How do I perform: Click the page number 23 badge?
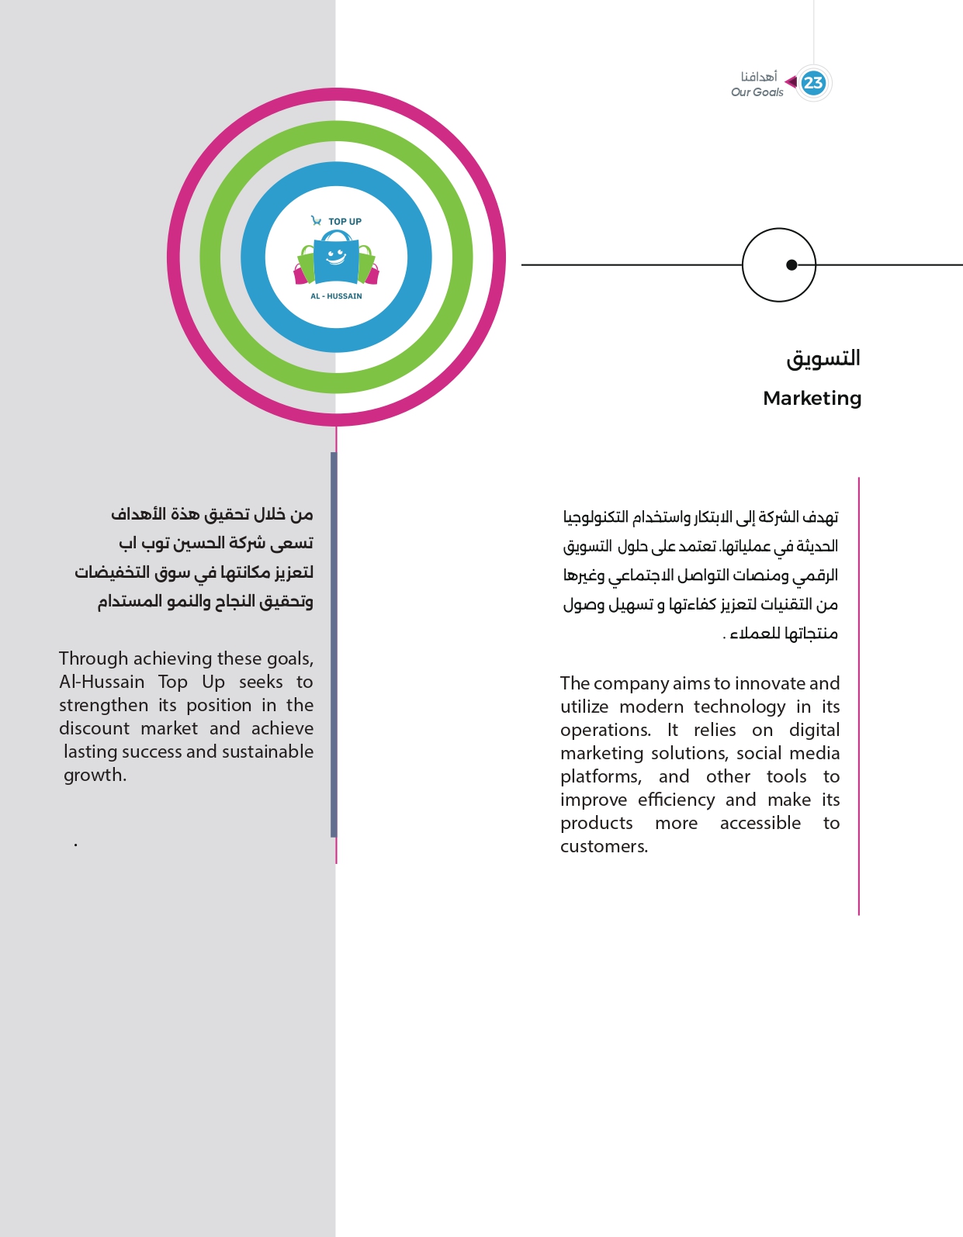[x=813, y=83]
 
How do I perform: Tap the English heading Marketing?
[x=812, y=398]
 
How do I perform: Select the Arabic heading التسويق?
[x=823, y=358]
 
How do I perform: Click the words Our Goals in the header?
[x=757, y=92]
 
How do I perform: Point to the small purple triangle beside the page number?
[x=791, y=81]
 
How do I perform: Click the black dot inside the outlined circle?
[x=792, y=265]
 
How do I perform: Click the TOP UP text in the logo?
[x=345, y=222]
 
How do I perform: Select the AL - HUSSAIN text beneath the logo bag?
[x=336, y=296]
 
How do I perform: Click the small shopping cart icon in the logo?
[x=316, y=221]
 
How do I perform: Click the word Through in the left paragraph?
[x=93, y=658]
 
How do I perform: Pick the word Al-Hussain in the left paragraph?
[x=102, y=682]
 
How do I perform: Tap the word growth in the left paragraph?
[x=94, y=775]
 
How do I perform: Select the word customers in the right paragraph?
[x=603, y=846]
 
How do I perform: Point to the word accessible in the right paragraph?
[x=760, y=823]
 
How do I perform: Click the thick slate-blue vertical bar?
[x=334, y=644]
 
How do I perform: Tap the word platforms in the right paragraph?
[x=600, y=776]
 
